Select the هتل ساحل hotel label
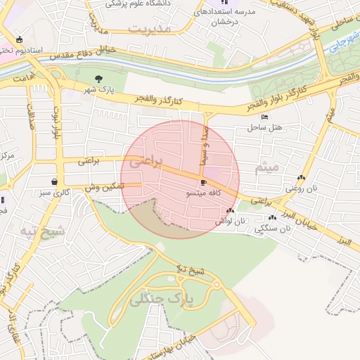click(264, 127)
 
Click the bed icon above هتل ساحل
click(264, 117)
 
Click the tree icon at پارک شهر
click(98, 79)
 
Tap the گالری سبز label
click(55, 191)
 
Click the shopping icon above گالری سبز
click(55, 181)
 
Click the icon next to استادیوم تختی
click(18, 39)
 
